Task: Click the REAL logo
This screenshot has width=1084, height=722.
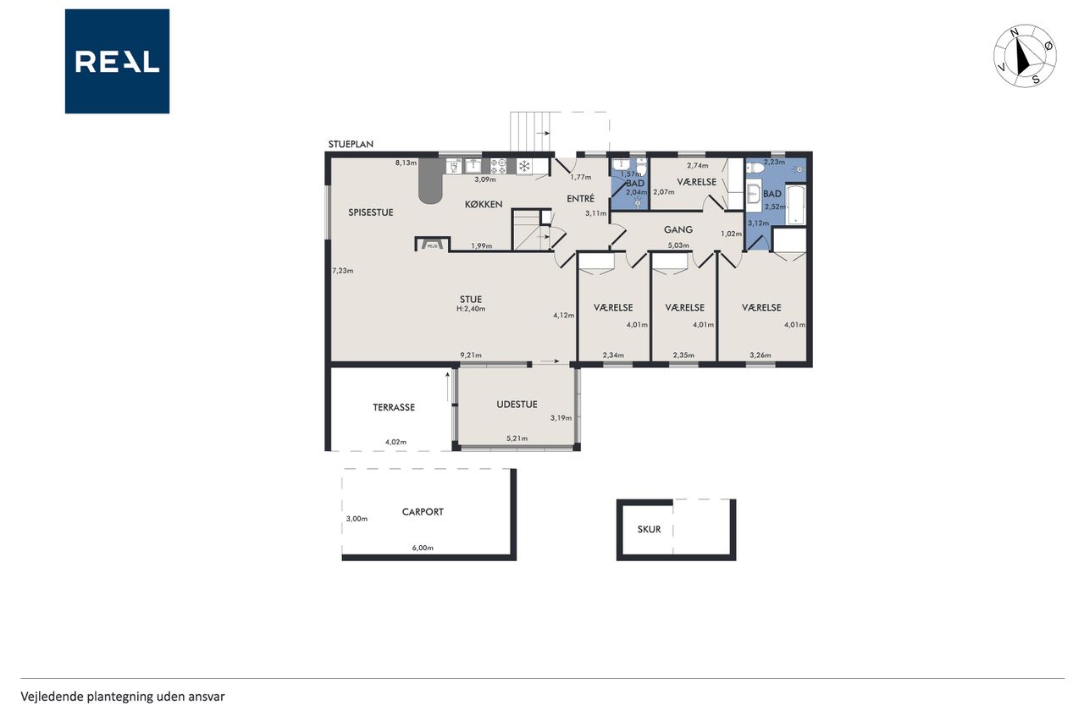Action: click(117, 62)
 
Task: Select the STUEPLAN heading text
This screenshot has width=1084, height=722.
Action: click(351, 144)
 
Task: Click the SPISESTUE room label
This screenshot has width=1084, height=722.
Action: click(371, 212)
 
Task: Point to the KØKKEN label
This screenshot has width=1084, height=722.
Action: click(484, 205)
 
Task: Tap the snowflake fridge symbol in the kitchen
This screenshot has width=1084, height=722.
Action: click(523, 167)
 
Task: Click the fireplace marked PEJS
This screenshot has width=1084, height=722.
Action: click(432, 245)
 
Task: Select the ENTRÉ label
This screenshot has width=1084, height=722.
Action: click(580, 198)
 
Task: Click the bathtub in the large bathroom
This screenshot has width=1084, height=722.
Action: click(795, 205)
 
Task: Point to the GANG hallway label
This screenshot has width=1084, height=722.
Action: click(678, 229)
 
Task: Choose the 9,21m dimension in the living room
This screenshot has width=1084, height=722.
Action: click(471, 355)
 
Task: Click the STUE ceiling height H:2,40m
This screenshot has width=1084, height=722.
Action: click(471, 309)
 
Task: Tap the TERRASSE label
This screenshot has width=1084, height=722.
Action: click(394, 407)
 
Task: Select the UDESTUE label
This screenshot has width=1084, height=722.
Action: click(517, 405)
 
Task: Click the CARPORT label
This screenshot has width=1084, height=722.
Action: click(423, 511)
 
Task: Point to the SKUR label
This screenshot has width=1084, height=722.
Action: click(649, 529)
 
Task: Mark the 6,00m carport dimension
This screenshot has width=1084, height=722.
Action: click(423, 548)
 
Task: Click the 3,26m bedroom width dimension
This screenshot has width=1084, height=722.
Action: click(760, 355)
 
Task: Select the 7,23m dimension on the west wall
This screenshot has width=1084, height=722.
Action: click(343, 271)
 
